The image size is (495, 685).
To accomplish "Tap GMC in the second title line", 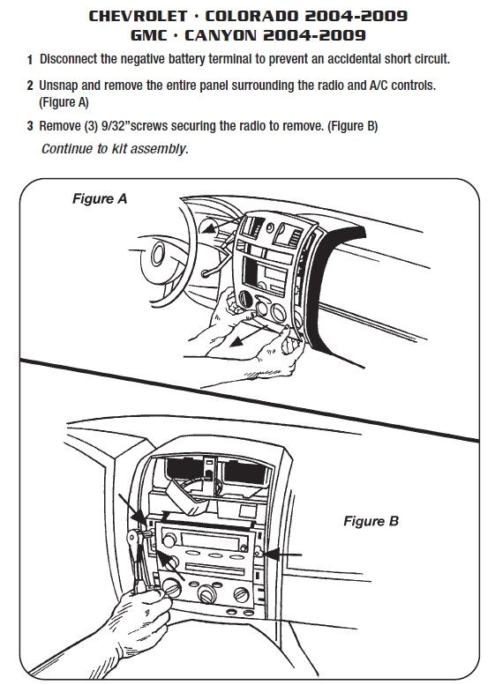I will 153,35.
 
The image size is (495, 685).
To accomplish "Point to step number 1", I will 30,60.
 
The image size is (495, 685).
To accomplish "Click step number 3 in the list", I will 30,127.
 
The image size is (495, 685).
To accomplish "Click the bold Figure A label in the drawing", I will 99,199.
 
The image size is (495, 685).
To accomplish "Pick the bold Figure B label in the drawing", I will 371,521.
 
